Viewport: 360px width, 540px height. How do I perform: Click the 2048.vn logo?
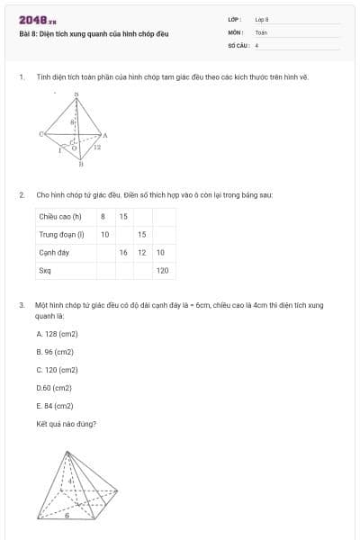[38, 19]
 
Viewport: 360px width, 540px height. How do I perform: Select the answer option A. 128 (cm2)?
[58, 334]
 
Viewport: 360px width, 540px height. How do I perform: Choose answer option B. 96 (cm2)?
[56, 352]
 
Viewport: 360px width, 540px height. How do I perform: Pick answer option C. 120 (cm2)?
[58, 370]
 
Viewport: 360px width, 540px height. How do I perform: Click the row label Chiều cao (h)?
[60, 216]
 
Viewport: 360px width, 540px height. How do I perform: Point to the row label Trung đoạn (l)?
[61, 234]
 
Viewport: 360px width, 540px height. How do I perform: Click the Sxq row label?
[45, 270]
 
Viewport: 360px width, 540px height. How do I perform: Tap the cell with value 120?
[163, 270]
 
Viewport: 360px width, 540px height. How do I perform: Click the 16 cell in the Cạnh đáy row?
[123, 252]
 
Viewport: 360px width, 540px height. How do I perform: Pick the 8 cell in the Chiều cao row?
[103, 216]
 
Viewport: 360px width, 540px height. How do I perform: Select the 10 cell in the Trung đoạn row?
[104, 234]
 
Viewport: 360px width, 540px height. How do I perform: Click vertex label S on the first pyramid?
[76, 94]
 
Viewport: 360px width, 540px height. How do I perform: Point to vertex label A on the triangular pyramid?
[105, 136]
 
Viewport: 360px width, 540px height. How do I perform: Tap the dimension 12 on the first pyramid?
[97, 147]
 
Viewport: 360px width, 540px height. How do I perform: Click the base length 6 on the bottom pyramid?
[79, 516]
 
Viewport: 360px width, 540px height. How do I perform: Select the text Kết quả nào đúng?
[67, 424]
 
